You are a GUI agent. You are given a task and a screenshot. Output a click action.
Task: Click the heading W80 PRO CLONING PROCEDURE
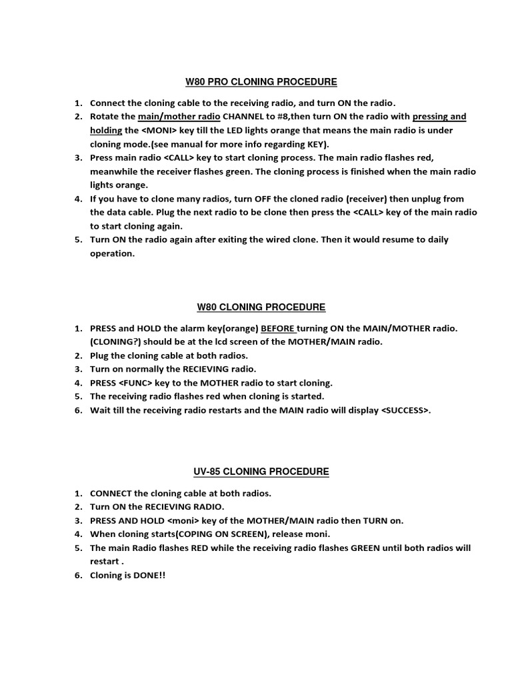(261, 82)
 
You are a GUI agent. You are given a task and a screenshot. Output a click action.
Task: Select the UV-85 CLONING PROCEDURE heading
(261, 472)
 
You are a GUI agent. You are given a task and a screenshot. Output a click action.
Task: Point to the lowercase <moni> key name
(183, 520)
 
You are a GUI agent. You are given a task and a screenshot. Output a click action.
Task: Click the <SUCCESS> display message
(405, 410)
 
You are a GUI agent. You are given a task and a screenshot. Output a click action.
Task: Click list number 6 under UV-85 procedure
(77, 575)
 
